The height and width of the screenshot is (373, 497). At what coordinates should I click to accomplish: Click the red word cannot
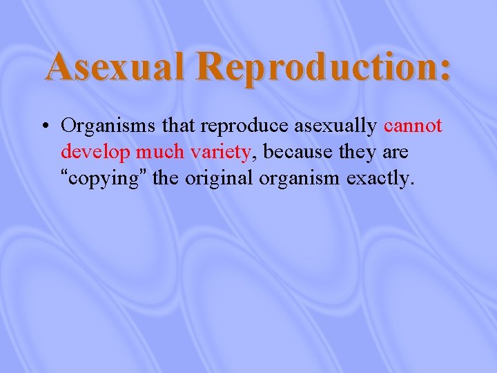pyautogui.click(x=413, y=126)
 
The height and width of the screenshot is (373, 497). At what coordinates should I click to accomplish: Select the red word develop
pyautogui.click(x=96, y=153)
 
